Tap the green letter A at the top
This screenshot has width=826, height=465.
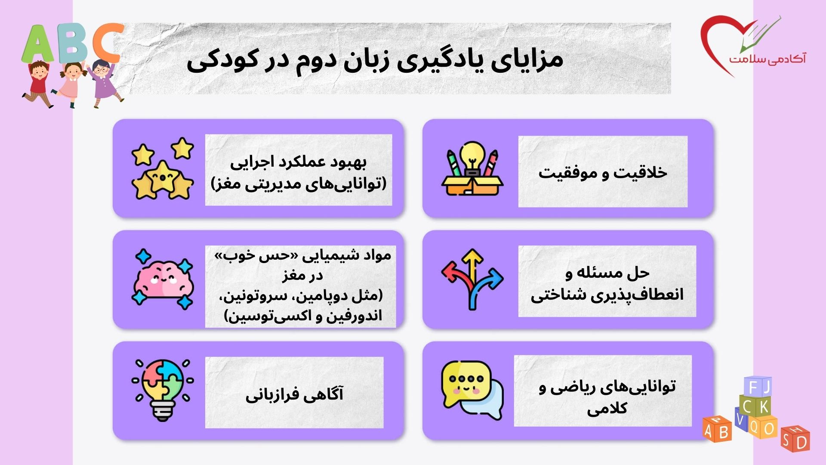tap(38, 44)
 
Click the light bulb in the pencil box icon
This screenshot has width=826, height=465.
tap(472, 158)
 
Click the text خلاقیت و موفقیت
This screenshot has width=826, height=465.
tap(602, 172)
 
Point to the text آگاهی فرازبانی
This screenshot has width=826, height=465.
tap(294, 394)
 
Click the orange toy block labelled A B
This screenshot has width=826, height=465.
tap(717, 429)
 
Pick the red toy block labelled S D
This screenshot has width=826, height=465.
tap(795, 439)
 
